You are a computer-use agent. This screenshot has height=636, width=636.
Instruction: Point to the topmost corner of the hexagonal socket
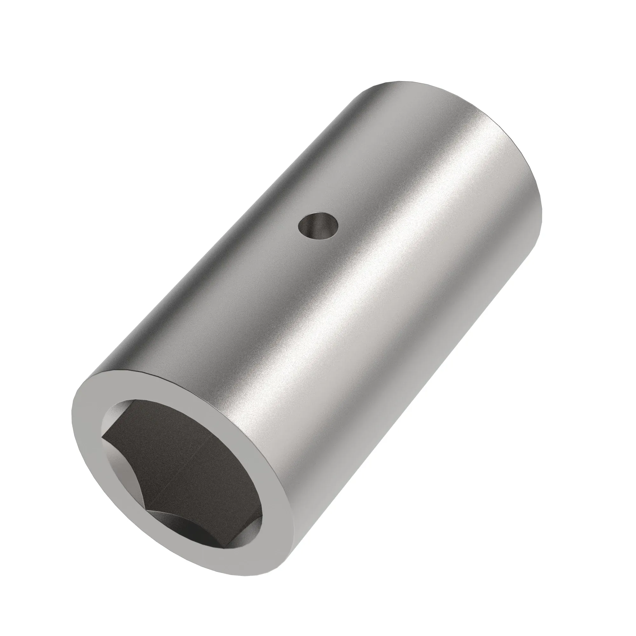(x=133, y=401)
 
